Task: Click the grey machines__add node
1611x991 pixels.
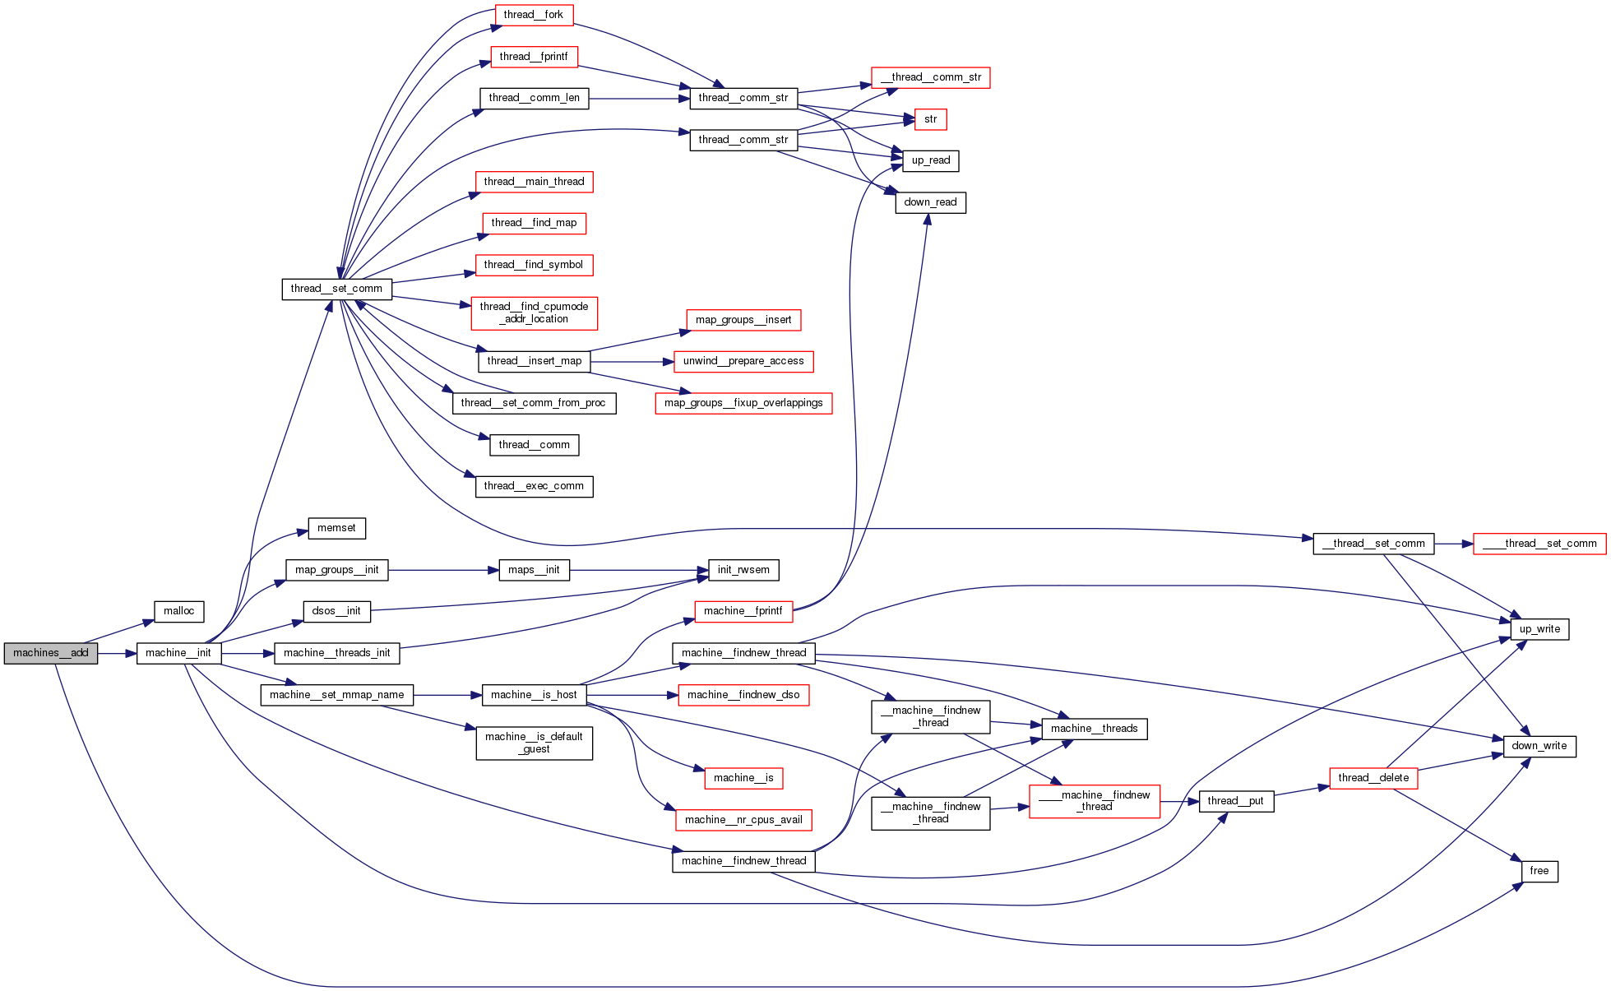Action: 51,653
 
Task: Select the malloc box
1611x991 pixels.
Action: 178,611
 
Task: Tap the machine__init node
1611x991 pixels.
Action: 178,653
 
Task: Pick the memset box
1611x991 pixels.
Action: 336,528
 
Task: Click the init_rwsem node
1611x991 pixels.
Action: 743,570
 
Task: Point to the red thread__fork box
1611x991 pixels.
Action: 534,15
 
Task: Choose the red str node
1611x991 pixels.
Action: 930,119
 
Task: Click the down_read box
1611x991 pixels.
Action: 930,202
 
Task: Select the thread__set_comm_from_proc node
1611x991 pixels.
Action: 534,403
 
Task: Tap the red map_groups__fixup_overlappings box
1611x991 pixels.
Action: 743,403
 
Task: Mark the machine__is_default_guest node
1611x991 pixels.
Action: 534,743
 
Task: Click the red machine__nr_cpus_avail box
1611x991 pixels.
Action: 743,820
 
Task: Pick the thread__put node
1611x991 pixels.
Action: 1236,801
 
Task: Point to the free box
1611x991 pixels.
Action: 1539,871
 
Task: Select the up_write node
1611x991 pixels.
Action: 1539,629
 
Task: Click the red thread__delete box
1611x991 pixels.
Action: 1373,778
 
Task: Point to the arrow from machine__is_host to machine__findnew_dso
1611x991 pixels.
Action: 632,695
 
